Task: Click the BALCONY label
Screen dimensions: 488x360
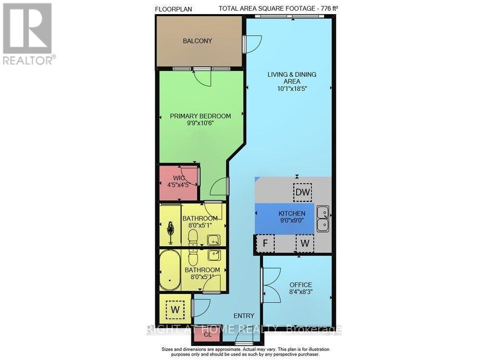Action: [197, 41]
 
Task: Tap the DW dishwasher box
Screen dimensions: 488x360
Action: [303, 192]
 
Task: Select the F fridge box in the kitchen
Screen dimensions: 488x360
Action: [265, 243]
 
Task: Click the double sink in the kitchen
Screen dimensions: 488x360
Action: [323, 218]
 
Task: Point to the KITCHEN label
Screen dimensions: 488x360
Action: [292, 213]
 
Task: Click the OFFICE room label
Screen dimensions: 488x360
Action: [301, 285]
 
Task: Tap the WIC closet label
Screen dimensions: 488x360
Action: [179, 178]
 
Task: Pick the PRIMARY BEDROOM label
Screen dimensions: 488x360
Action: [201, 116]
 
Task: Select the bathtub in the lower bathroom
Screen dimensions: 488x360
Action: [170, 270]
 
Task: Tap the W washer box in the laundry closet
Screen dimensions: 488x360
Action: [176, 310]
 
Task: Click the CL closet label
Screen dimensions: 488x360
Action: [207, 335]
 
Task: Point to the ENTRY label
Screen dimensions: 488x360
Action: [244, 316]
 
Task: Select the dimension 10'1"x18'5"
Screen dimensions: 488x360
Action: [292, 88]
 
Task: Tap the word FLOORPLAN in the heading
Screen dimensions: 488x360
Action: [173, 9]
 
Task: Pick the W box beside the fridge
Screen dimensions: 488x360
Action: [305, 243]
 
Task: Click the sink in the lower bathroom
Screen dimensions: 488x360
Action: [214, 255]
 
